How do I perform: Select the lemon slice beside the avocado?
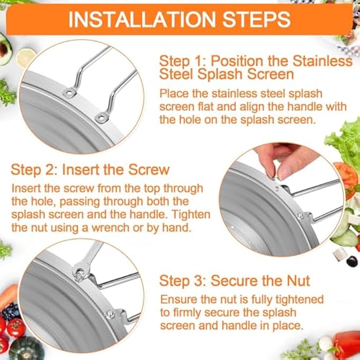[26, 57]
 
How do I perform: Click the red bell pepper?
[345, 343]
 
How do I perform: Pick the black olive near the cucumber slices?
[350, 259]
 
